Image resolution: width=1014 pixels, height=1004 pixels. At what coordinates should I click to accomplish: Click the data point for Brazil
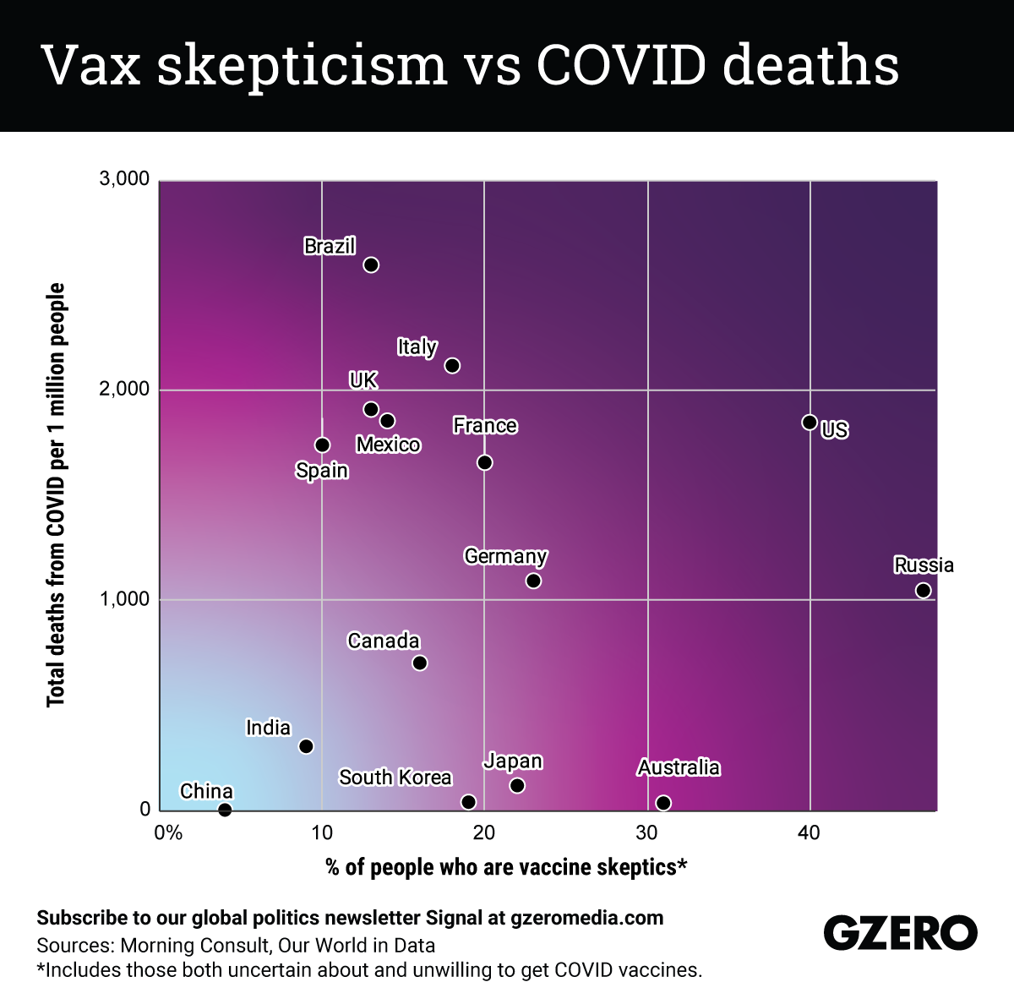[x=371, y=265]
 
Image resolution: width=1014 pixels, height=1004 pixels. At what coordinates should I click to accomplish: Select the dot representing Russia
[x=923, y=590]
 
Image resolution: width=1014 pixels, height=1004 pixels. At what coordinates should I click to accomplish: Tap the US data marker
[x=809, y=422]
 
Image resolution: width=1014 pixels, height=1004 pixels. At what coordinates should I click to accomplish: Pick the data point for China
[x=225, y=810]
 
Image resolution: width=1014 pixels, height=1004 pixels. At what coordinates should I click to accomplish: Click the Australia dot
[x=663, y=802]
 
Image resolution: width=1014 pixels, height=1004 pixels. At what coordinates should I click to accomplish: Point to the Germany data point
[x=533, y=581]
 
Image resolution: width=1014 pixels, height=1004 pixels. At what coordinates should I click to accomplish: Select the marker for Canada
[x=419, y=663]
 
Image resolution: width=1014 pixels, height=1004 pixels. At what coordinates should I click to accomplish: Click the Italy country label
[x=417, y=346]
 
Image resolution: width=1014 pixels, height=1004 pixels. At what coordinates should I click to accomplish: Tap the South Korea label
[x=395, y=778]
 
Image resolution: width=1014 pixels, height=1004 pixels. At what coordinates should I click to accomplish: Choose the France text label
[x=485, y=425]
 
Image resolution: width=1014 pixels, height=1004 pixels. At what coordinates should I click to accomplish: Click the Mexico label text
[x=388, y=445]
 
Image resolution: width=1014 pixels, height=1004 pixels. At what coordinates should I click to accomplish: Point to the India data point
[x=306, y=746]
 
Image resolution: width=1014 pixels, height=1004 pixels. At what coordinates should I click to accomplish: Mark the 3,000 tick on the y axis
[x=124, y=179]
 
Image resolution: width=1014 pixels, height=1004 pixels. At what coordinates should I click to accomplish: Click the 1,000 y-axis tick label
[x=124, y=599]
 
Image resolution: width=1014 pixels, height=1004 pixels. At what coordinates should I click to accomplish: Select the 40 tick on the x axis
[x=809, y=833]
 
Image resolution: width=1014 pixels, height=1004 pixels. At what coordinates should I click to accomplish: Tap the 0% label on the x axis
[x=168, y=833]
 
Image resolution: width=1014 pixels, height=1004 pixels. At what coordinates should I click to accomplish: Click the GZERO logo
[x=900, y=933]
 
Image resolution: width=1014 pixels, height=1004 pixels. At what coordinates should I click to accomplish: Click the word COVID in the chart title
[x=621, y=65]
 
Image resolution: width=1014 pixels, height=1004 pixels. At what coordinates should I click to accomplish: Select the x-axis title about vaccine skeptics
[x=506, y=867]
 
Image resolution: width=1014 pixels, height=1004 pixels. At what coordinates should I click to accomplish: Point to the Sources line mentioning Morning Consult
[x=236, y=945]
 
